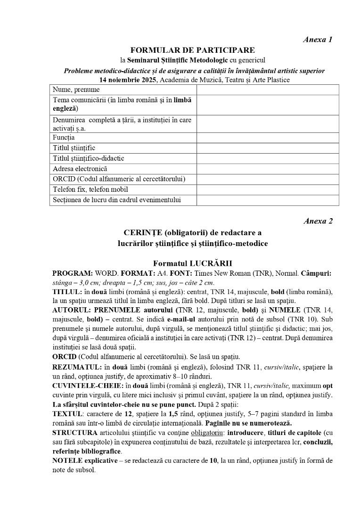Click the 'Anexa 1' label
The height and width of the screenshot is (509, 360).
pos(318,40)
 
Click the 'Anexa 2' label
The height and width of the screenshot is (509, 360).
pos(318,221)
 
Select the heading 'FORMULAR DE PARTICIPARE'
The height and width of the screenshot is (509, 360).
pos(193,50)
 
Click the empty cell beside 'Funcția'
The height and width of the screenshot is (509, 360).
pos(268,138)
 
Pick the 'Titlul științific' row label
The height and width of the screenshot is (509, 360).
pos(74,148)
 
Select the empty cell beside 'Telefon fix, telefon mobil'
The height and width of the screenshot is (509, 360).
pos(268,189)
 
